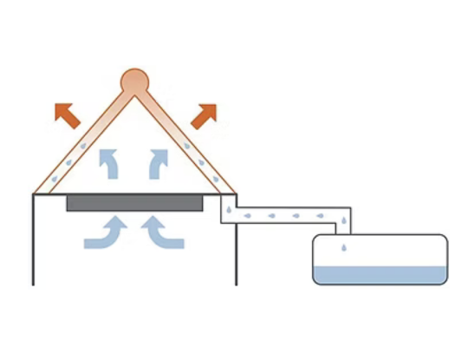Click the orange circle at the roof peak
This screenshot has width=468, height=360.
click(134, 81)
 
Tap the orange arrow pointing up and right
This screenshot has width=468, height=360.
click(205, 113)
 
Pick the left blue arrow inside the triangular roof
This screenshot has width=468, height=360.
click(109, 161)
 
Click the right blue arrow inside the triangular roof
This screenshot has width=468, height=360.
click(159, 161)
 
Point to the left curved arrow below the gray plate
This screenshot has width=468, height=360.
click(105, 232)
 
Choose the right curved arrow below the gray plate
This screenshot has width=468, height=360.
click(163, 232)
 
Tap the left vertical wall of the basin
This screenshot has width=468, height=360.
click(33, 239)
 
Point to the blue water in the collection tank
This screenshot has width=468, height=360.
click(380, 275)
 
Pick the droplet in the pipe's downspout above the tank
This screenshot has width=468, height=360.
click(344, 222)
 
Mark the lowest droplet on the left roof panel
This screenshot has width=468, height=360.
click(54, 180)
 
